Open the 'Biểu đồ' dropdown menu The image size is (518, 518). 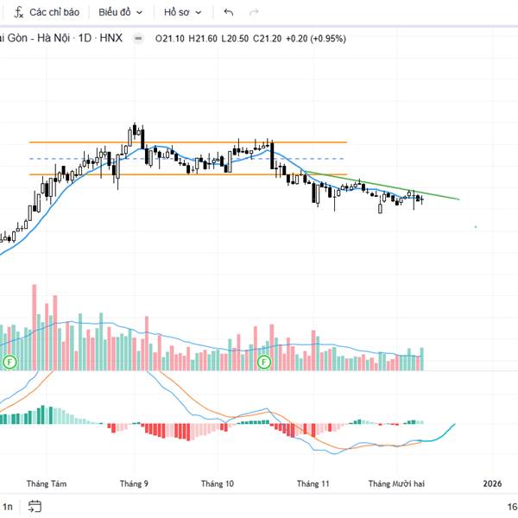(118, 12)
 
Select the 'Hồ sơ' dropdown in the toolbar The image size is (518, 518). (183, 12)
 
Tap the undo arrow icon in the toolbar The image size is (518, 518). (228, 12)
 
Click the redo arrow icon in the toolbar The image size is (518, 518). (253, 12)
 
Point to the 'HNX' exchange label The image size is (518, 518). (111, 38)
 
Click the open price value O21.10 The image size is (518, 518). (171, 38)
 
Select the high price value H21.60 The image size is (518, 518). (204, 38)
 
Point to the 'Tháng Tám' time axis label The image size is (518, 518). (47, 484)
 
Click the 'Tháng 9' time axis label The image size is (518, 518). (134, 484)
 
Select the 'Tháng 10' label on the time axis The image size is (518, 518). (218, 484)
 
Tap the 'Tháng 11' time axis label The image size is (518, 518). (313, 484)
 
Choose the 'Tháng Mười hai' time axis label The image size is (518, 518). (396, 484)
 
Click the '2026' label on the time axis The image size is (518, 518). (492, 484)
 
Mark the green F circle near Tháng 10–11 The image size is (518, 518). (264, 362)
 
